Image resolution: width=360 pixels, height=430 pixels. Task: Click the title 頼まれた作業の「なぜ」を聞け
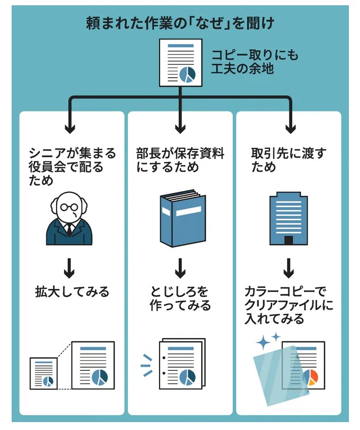(x=180, y=24)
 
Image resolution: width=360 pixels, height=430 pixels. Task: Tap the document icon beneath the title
(x=180, y=62)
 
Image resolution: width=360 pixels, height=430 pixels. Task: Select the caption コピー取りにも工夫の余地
(x=247, y=62)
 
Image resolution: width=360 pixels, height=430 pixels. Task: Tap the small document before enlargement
(x=43, y=373)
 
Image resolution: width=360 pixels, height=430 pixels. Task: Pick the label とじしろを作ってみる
(x=180, y=298)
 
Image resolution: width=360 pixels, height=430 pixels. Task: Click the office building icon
(x=288, y=220)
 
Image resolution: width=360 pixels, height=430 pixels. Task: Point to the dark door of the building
(x=288, y=240)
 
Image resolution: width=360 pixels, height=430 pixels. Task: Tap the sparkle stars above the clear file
(x=268, y=341)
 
